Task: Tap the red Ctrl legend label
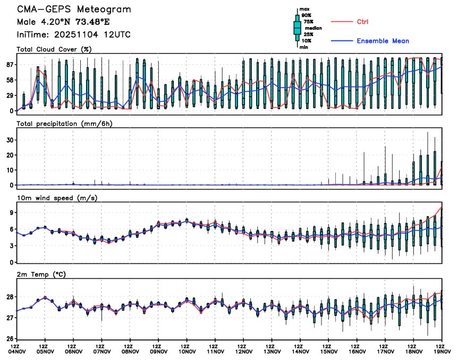click(363, 22)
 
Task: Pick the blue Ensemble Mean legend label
click(383, 41)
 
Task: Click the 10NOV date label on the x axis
click(187, 351)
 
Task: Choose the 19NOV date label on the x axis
click(442, 351)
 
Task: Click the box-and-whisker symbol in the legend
click(297, 28)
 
